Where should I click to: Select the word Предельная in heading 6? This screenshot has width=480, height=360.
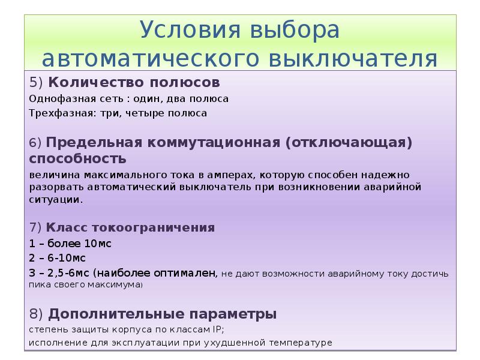pos(97,144)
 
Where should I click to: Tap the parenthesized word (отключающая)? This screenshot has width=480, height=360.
pos(348,144)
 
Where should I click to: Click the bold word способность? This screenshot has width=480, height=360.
pos(77,159)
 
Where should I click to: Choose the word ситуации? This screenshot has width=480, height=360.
pos(55,199)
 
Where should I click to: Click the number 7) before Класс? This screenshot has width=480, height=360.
pos(35,229)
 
